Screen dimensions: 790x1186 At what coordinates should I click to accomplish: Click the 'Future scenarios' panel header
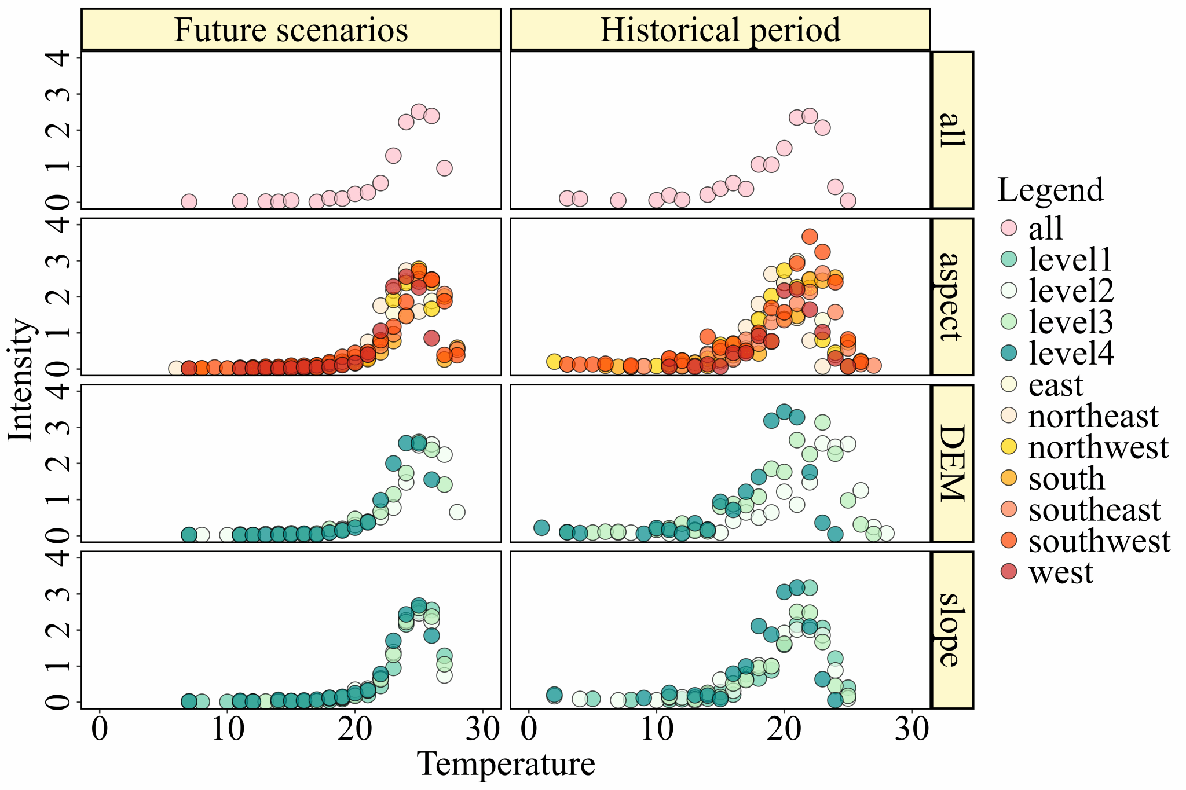coord(291,30)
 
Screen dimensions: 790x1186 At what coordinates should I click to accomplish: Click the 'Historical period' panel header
coord(720,30)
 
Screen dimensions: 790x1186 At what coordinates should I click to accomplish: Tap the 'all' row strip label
coord(952,130)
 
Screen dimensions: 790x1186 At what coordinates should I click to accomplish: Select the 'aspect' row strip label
coord(952,296)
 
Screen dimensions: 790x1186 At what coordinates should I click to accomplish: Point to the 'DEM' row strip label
coord(952,463)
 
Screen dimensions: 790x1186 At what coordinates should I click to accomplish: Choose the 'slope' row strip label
coord(952,630)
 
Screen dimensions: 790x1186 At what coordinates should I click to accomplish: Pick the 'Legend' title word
coord(1050,190)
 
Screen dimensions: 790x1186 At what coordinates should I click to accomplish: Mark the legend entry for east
coord(1056,385)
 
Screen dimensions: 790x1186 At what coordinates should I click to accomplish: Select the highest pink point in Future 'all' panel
coord(419,112)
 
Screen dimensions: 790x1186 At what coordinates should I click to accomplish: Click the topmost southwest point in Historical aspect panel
coord(810,236)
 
